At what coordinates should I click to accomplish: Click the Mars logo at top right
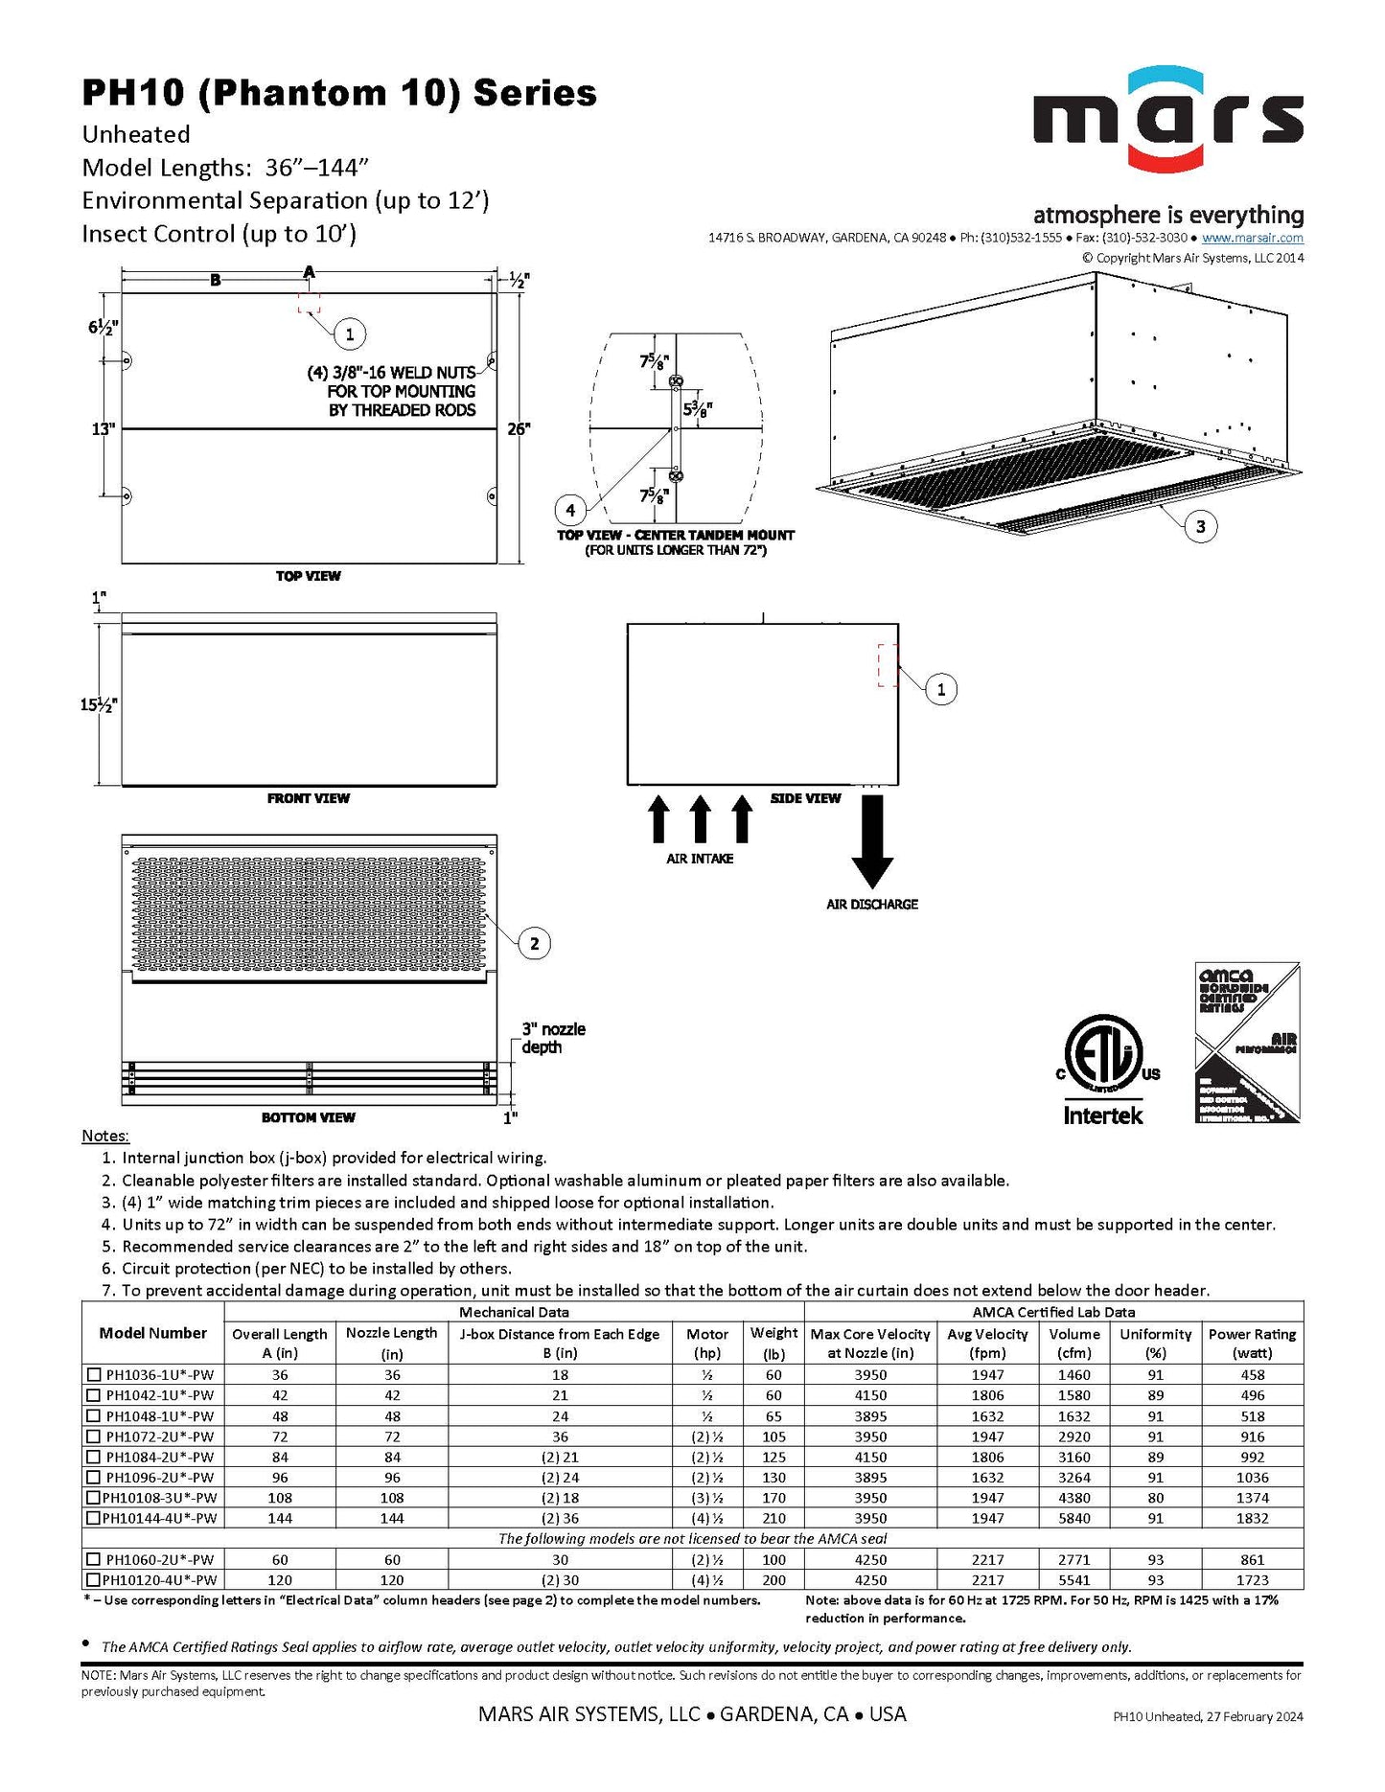[1167, 120]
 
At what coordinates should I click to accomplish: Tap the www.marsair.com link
[1252, 238]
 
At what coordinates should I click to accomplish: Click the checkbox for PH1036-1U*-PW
[94, 1374]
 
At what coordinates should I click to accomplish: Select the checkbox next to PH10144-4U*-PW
[94, 1518]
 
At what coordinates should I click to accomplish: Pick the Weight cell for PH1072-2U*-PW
[773, 1436]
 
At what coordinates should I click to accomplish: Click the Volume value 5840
[1073, 1518]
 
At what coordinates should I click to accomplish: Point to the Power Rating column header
[1252, 1343]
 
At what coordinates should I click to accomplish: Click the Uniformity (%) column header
[1155, 1343]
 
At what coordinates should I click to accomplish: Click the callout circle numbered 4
[570, 510]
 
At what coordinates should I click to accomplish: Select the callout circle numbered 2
[534, 944]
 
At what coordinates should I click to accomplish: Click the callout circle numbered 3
[1200, 526]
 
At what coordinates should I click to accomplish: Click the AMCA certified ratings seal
[1247, 1043]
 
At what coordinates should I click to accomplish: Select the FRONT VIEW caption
[309, 798]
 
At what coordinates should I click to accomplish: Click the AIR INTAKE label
[700, 859]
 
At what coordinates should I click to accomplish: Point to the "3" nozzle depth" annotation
[553, 1038]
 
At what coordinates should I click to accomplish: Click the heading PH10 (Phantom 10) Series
[339, 93]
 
